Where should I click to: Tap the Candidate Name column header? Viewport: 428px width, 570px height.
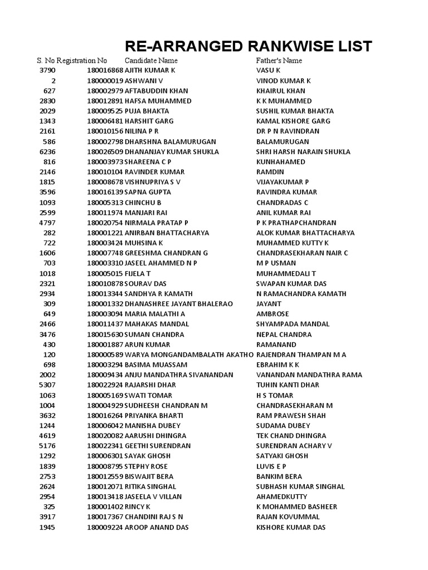point(151,60)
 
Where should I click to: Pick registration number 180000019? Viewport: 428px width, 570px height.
point(105,81)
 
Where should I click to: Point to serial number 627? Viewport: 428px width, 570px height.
point(50,91)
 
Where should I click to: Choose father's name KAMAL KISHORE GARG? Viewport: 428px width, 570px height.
point(293,121)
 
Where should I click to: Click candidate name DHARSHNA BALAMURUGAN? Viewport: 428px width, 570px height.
point(170,141)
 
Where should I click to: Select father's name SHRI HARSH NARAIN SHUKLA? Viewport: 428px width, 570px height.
point(303,152)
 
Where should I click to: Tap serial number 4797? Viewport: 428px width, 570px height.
point(47,223)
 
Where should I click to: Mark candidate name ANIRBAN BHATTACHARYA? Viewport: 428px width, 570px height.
point(167,233)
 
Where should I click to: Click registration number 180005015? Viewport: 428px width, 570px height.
point(105,273)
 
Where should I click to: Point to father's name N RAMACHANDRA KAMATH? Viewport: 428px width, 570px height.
point(301,294)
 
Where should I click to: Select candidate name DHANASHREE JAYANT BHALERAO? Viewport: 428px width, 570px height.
point(178,304)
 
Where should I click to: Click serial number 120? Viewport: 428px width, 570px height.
point(50,355)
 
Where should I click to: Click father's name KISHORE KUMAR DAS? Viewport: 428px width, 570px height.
point(291,527)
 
